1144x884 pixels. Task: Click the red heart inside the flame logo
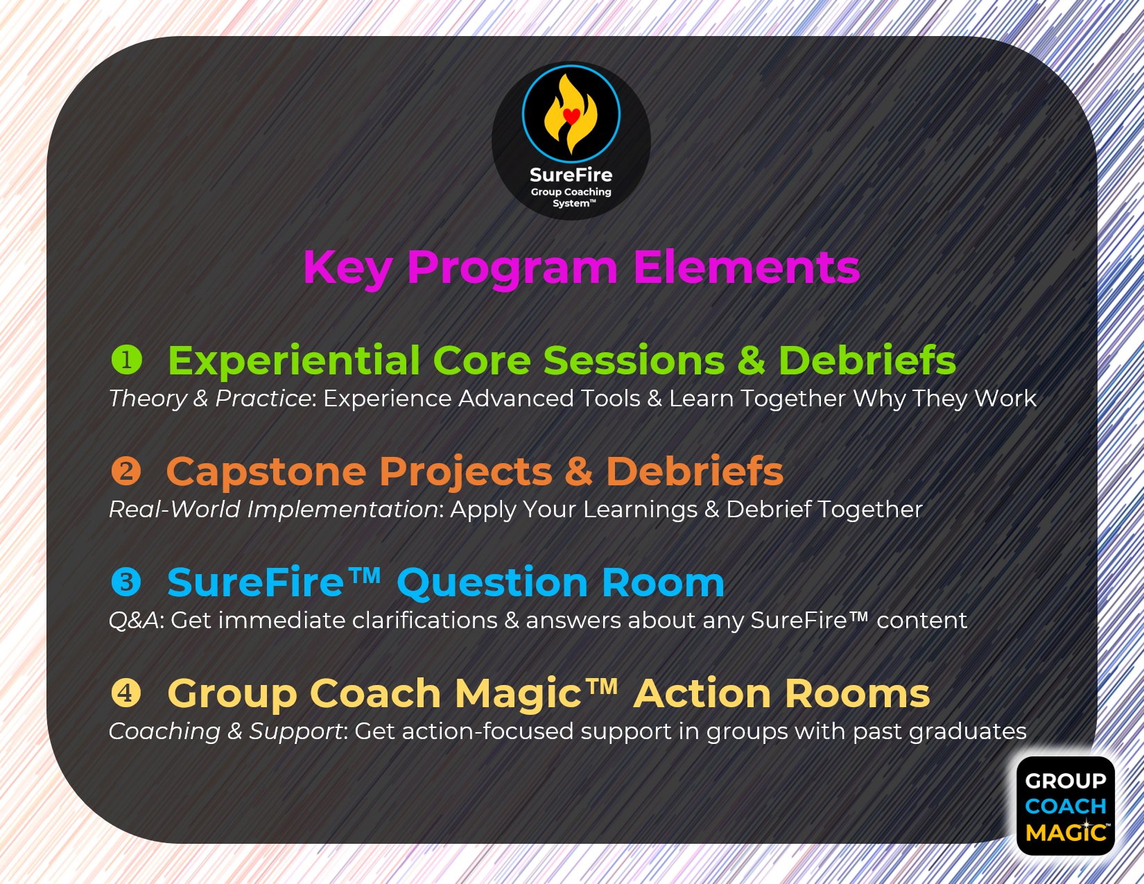tap(571, 115)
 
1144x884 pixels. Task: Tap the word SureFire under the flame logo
tap(571, 175)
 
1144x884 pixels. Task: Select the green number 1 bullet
tap(127, 360)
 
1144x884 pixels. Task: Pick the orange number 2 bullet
tap(126, 471)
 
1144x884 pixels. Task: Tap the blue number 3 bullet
tap(126, 582)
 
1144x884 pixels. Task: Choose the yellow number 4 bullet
tap(126, 693)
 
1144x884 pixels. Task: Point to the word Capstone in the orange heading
tap(266, 472)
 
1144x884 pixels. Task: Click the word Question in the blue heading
tap(493, 583)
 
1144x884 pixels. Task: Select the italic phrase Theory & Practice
tap(209, 399)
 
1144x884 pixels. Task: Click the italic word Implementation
tap(343, 510)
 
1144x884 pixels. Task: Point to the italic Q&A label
tap(133, 621)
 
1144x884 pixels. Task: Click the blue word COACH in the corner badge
tap(1066, 806)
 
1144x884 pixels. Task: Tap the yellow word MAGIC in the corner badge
tap(1066, 833)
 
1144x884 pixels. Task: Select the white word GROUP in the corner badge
tap(1066, 781)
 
